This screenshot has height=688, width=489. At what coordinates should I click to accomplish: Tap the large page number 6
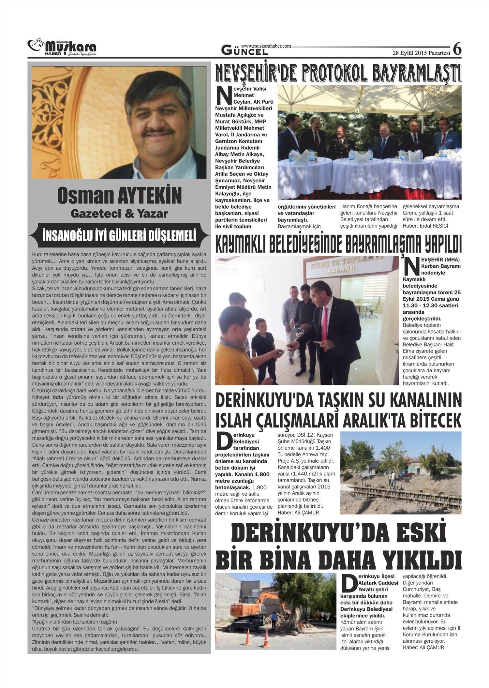457,49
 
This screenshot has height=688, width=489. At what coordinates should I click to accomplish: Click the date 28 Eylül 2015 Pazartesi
421,53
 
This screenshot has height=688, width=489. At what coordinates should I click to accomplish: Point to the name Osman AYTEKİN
119,196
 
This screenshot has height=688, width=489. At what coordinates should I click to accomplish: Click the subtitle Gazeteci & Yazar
119,214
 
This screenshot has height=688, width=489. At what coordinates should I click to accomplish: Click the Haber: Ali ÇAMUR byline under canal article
298,513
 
